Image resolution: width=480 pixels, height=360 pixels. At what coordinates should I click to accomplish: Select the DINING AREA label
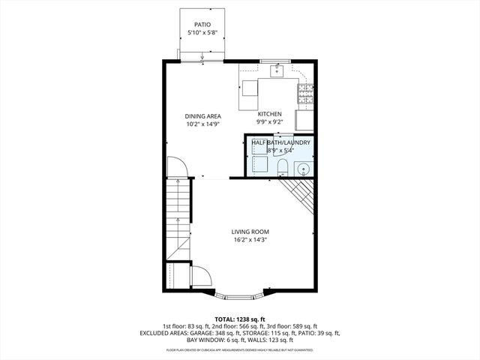[x=203, y=116]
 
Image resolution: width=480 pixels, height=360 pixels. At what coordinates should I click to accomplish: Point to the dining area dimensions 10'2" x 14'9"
[x=203, y=124]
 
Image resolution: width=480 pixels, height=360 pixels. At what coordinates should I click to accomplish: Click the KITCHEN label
[x=269, y=114]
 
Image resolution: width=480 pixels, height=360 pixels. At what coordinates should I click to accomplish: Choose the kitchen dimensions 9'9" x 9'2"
[x=269, y=122]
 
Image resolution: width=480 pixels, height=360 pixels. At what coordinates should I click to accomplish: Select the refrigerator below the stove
[x=304, y=121]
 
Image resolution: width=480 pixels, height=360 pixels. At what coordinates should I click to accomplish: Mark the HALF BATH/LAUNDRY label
[x=280, y=142]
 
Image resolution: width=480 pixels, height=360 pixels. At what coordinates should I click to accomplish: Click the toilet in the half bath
[x=283, y=166]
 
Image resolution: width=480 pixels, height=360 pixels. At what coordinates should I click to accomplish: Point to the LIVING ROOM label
[x=250, y=232]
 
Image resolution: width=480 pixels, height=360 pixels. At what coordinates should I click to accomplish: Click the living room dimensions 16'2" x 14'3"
[x=250, y=241]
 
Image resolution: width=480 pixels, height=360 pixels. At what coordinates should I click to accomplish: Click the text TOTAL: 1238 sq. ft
[x=239, y=319]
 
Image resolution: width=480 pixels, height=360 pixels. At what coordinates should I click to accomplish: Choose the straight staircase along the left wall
[x=179, y=217]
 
